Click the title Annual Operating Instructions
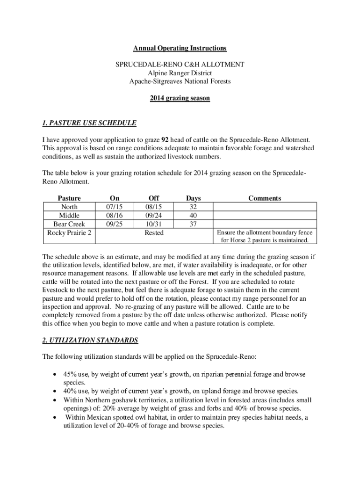(x=180, y=48)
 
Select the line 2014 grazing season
(x=180, y=98)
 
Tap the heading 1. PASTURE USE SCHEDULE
(x=89, y=123)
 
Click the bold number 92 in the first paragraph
(x=165, y=140)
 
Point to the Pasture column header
(x=69, y=198)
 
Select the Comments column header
(x=265, y=198)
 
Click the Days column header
(x=193, y=198)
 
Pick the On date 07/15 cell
(x=114, y=207)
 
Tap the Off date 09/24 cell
(x=153, y=215)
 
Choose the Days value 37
(x=193, y=224)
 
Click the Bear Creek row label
(x=69, y=224)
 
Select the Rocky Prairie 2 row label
(x=69, y=232)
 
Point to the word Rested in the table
(x=153, y=232)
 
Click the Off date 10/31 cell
(x=153, y=224)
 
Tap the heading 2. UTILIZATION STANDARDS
(x=90, y=340)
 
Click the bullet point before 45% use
(x=56, y=375)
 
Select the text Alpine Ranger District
(x=180, y=73)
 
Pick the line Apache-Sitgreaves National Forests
(x=180, y=81)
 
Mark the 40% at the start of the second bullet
(x=71, y=391)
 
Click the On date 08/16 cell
(x=114, y=215)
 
